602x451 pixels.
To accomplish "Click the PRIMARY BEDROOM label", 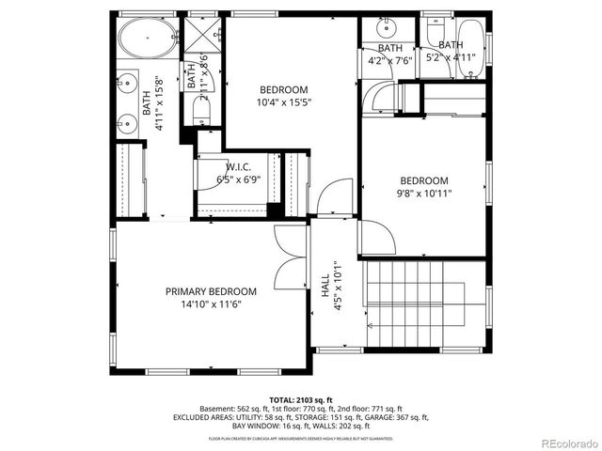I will tap(211, 291).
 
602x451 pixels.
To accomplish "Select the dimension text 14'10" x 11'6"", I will tap(211, 303).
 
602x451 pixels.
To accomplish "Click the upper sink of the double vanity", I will tap(128, 82).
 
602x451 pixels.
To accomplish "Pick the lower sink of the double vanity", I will tap(128, 121).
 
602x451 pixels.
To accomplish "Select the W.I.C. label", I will tap(236, 167).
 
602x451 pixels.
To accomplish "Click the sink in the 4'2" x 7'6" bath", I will tap(386, 26).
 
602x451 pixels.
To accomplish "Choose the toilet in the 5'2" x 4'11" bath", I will tap(436, 33).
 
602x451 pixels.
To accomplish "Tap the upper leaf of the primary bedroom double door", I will tap(290, 242).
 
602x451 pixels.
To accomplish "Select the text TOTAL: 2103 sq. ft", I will tap(300, 398).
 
